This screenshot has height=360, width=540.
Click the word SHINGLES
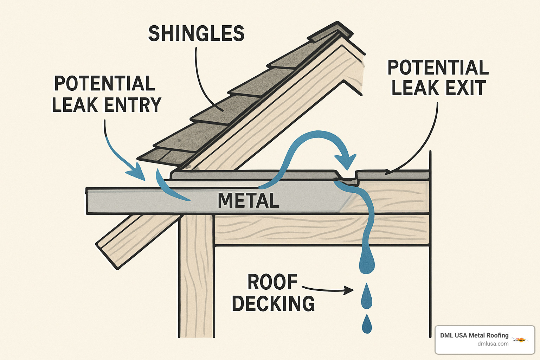pyautogui.click(x=196, y=34)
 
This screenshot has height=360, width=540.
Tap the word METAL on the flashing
pyautogui.click(x=249, y=201)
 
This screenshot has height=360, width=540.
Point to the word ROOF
pyautogui.click(x=272, y=282)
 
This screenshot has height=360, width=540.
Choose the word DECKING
pyautogui.click(x=273, y=303)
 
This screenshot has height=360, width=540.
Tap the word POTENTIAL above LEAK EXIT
pyautogui.click(x=438, y=67)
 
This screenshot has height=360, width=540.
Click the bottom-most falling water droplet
pyautogui.click(x=367, y=324)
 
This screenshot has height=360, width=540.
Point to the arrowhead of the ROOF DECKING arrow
pyautogui.click(x=349, y=290)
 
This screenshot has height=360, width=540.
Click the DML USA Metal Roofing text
pyautogui.click(x=474, y=335)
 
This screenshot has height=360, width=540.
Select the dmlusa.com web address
pyautogui.click(x=493, y=344)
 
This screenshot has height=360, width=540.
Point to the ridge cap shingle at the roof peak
pyautogui.click(x=330, y=32)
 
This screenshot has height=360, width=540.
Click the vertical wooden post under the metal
pyautogui.click(x=197, y=274)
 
